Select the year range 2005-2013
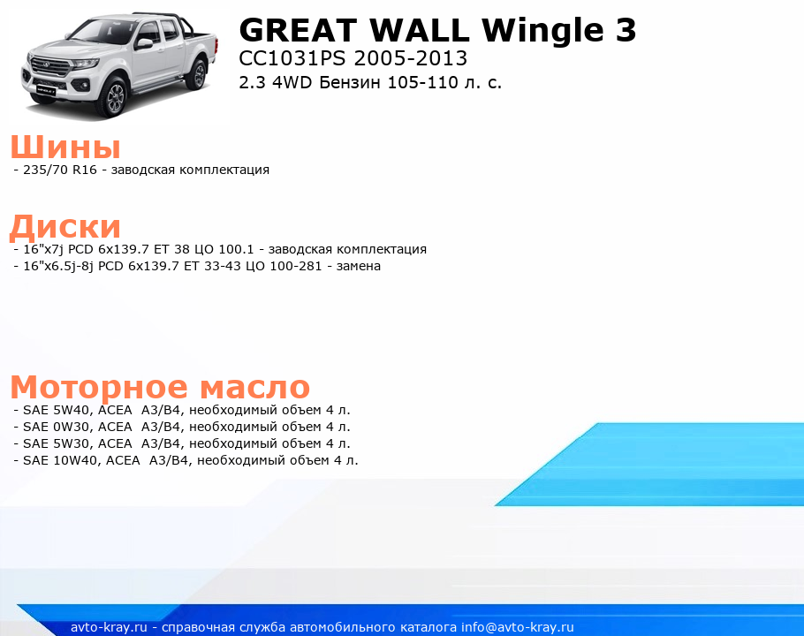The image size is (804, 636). coord(410,58)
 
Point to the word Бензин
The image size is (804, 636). coord(350,82)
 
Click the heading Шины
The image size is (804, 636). coord(65,147)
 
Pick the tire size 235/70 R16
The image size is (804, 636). coord(60,170)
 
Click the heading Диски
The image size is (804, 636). coord(65,226)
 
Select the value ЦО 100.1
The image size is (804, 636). coord(224,250)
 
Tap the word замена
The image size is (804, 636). coord(359,267)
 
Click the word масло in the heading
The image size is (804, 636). coord(254,387)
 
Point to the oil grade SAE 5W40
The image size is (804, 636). coord(57,410)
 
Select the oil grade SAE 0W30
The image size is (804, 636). coord(57,427)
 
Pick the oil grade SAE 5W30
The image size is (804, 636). coord(57,443)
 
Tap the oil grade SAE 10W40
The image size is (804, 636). coord(60,461)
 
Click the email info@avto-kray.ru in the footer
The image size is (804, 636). coord(518,627)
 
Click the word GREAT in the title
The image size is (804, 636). coord(299,30)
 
